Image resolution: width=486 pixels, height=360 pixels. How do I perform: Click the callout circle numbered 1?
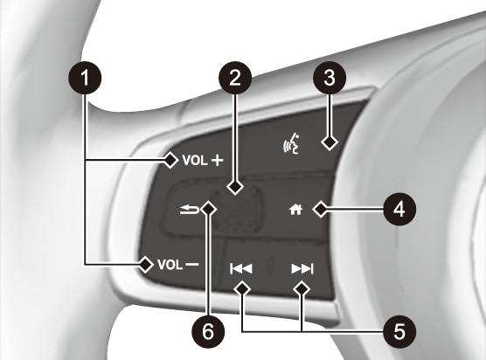(85, 78)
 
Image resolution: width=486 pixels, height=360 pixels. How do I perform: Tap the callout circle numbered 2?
(235, 78)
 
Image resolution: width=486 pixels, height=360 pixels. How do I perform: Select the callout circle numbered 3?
(330, 78)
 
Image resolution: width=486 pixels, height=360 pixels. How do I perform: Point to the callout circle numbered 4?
(399, 209)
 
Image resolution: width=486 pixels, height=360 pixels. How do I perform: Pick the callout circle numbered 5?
(399, 331)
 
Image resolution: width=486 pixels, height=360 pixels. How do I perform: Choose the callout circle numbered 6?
(208, 332)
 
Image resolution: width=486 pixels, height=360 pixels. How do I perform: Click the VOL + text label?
(203, 161)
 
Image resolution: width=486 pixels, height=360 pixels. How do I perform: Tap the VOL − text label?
(178, 265)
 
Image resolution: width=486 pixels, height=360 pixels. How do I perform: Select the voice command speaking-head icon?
(291, 144)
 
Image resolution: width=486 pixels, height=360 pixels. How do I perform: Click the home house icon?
(295, 210)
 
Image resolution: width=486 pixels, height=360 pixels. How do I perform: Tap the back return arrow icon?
(190, 210)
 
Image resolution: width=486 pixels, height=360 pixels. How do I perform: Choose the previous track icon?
(241, 269)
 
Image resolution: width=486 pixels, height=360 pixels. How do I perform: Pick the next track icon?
(302, 269)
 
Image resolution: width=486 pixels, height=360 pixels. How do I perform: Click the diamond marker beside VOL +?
(170, 160)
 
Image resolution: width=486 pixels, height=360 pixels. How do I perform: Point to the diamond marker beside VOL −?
(145, 265)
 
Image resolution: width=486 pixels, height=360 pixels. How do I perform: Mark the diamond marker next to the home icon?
(321, 210)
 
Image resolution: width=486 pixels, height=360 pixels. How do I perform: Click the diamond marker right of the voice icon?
(330, 142)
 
